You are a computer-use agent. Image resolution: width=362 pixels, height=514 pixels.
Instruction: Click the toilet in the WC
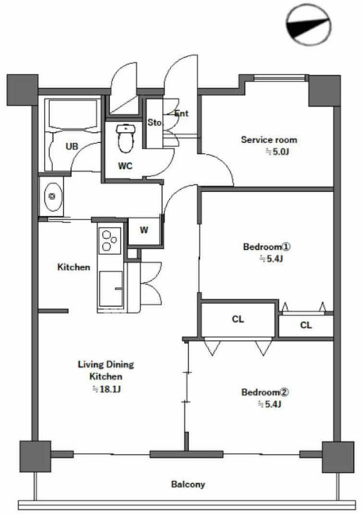tap(125, 138)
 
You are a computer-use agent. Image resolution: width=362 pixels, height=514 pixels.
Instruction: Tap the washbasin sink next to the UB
tap(52, 197)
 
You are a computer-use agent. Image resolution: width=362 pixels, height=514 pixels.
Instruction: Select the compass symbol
tap(308, 25)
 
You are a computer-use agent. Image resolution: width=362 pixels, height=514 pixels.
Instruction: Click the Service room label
tap(269, 140)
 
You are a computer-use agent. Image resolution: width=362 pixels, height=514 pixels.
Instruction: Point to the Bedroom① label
tap(267, 247)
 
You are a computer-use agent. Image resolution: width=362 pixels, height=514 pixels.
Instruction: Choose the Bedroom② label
tap(266, 392)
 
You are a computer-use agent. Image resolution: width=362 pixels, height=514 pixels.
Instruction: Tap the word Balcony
tap(188, 484)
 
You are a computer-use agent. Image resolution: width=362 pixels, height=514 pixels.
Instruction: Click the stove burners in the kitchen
tap(109, 240)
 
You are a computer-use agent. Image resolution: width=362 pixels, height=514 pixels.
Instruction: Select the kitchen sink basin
tap(111, 289)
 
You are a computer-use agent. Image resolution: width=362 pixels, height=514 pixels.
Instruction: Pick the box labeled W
tap(144, 231)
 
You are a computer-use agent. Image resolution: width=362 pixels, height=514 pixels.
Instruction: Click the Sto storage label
tap(154, 123)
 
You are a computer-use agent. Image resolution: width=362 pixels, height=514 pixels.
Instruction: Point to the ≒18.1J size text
tap(107, 389)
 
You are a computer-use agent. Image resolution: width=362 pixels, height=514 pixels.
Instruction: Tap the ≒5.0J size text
tap(277, 152)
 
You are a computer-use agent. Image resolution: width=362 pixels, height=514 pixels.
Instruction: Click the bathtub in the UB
tap(73, 115)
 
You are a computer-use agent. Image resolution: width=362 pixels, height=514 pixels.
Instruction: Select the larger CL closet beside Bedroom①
tap(238, 319)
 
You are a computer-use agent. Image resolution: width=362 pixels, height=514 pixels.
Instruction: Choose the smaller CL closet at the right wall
tap(306, 325)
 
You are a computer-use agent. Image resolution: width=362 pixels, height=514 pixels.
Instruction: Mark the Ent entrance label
tap(182, 113)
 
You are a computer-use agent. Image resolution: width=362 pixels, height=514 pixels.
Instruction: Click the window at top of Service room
tap(280, 78)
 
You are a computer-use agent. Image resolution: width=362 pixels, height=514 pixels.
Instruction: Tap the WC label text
tap(125, 166)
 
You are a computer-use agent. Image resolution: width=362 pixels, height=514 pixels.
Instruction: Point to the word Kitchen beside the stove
tap(74, 267)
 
